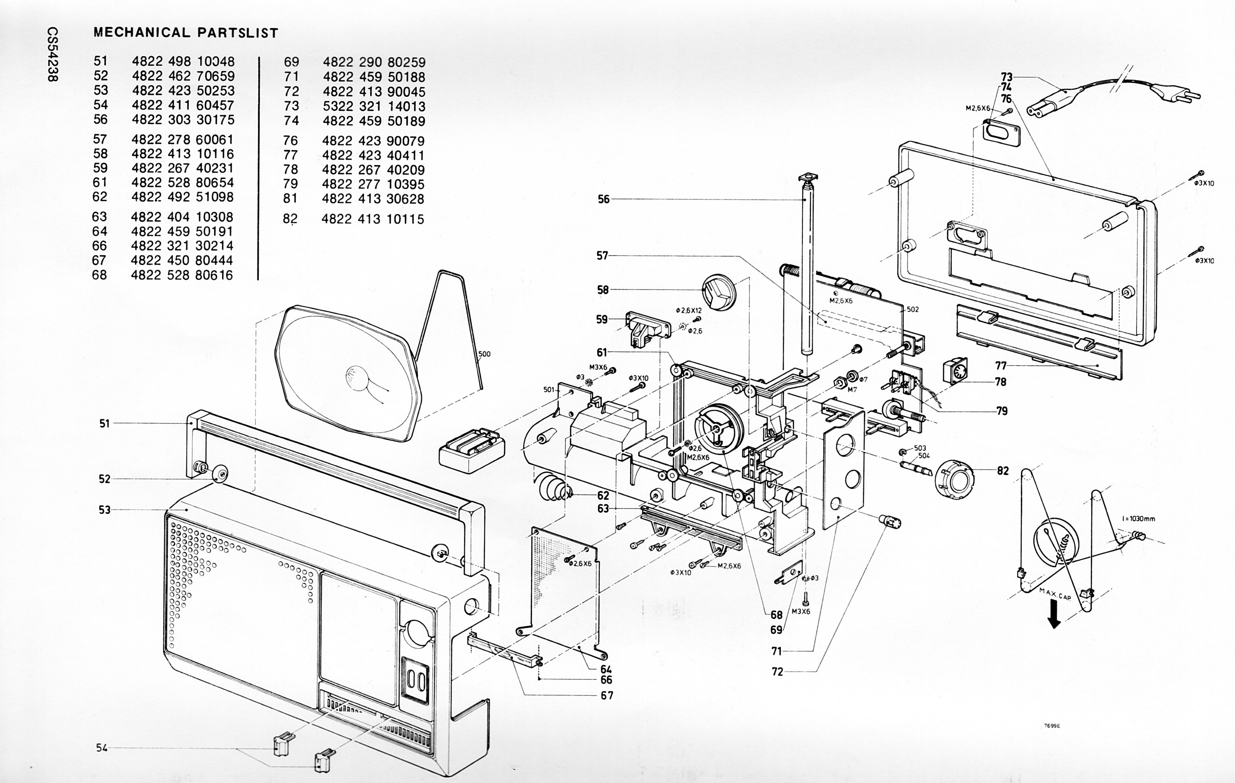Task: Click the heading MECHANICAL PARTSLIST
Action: coord(186,33)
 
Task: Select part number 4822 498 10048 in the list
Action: coord(183,61)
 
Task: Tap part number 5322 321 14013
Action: coord(374,106)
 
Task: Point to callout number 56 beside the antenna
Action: coord(604,199)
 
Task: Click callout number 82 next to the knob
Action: coord(1003,471)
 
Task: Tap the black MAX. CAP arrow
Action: coord(1054,615)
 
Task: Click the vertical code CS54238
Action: coord(53,54)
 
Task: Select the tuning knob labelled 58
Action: coord(719,292)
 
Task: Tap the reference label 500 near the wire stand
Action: coord(484,354)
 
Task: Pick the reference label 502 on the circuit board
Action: coord(913,309)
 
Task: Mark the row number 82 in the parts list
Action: coord(290,219)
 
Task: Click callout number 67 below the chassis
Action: coord(607,696)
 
